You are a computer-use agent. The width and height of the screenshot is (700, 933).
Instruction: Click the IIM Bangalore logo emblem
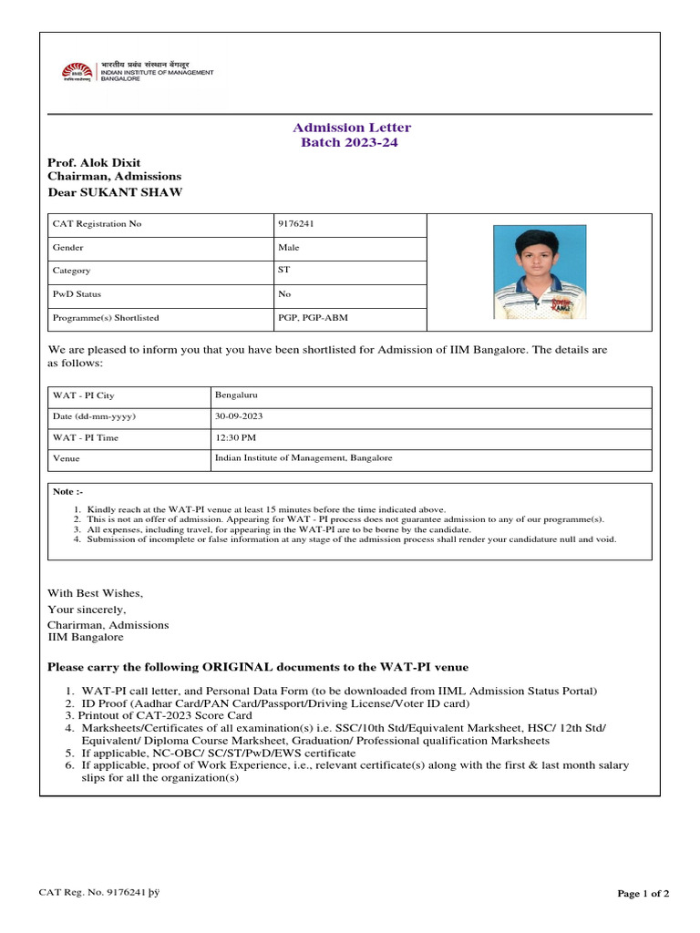pos(77,71)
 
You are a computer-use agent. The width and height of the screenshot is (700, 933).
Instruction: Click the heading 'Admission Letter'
pos(351,128)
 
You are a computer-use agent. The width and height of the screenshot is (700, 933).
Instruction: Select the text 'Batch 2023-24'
pos(349,143)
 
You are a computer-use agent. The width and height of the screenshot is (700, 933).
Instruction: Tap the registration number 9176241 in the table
pos(293,224)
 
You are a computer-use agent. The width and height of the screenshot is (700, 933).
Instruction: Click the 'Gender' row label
pos(68,248)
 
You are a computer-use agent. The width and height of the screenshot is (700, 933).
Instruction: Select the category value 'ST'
pos(283,271)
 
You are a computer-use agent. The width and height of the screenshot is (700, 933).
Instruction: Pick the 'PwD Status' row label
pos(77,294)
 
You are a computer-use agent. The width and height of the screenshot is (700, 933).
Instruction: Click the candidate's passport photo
pos(540,272)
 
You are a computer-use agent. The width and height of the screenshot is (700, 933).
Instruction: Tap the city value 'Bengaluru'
pos(235,395)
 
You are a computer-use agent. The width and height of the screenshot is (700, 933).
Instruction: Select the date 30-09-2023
pos(239,416)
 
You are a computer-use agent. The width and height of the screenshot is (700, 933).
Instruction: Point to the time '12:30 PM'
pos(233,437)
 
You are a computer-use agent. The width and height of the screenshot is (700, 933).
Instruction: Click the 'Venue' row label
pos(67,459)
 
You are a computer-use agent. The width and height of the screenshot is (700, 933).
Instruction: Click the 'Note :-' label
pos(67,492)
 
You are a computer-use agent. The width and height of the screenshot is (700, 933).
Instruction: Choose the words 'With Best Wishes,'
pos(95,593)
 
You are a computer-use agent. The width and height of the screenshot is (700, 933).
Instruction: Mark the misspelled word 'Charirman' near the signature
pos(76,625)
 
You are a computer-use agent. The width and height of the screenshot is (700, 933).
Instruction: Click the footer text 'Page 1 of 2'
pos(643,894)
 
